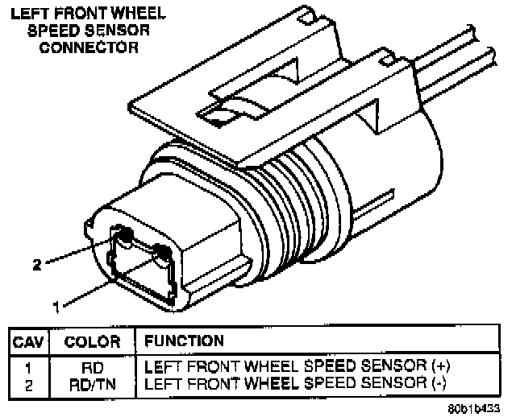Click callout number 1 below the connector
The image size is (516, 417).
click(56, 305)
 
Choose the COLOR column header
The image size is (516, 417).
click(92, 341)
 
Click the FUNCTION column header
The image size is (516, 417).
click(184, 341)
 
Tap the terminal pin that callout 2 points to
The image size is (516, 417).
click(125, 235)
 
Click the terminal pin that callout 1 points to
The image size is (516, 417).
click(164, 254)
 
